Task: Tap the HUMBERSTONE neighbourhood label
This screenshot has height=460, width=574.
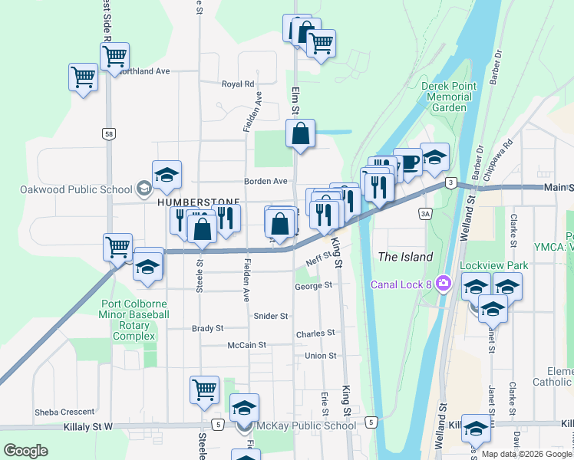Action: (x=199, y=203)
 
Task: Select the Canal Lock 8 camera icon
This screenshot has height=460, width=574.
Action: (x=443, y=284)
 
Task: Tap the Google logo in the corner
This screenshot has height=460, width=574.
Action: (x=25, y=451)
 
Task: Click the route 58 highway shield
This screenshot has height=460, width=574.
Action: (x=110, y=134)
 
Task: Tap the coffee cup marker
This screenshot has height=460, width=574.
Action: (x=408, y=162)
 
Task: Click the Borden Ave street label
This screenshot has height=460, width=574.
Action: (x=266, y=182)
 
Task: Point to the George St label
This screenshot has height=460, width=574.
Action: (x=313, y=285)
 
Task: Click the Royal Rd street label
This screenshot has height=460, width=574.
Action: (x=238, y=84)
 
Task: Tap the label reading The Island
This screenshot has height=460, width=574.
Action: (x=405, y=257)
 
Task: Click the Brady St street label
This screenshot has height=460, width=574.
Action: (x=207, y=328)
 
